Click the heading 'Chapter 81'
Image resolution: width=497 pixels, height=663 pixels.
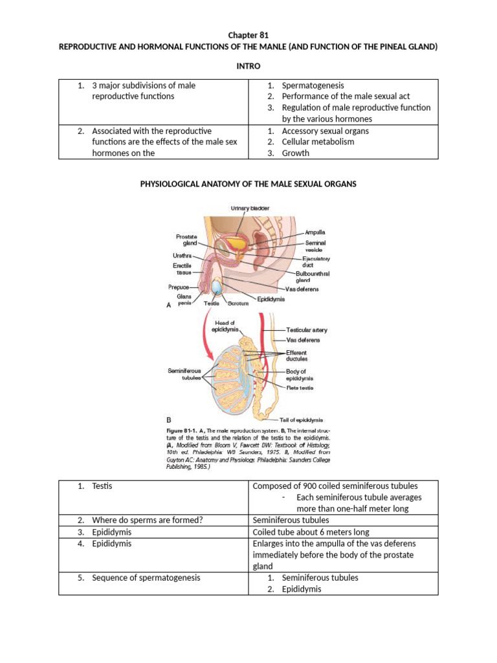[x=248, y=35]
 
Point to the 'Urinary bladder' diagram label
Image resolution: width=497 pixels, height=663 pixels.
[x=250, y=208]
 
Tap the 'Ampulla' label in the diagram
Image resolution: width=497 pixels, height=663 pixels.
[x=315, y=231]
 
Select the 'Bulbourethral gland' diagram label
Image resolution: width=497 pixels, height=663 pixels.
[x=313, y=277]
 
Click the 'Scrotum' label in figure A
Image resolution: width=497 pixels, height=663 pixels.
[x=238, y=303]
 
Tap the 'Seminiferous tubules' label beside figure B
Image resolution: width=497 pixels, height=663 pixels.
[x=184, y=374]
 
